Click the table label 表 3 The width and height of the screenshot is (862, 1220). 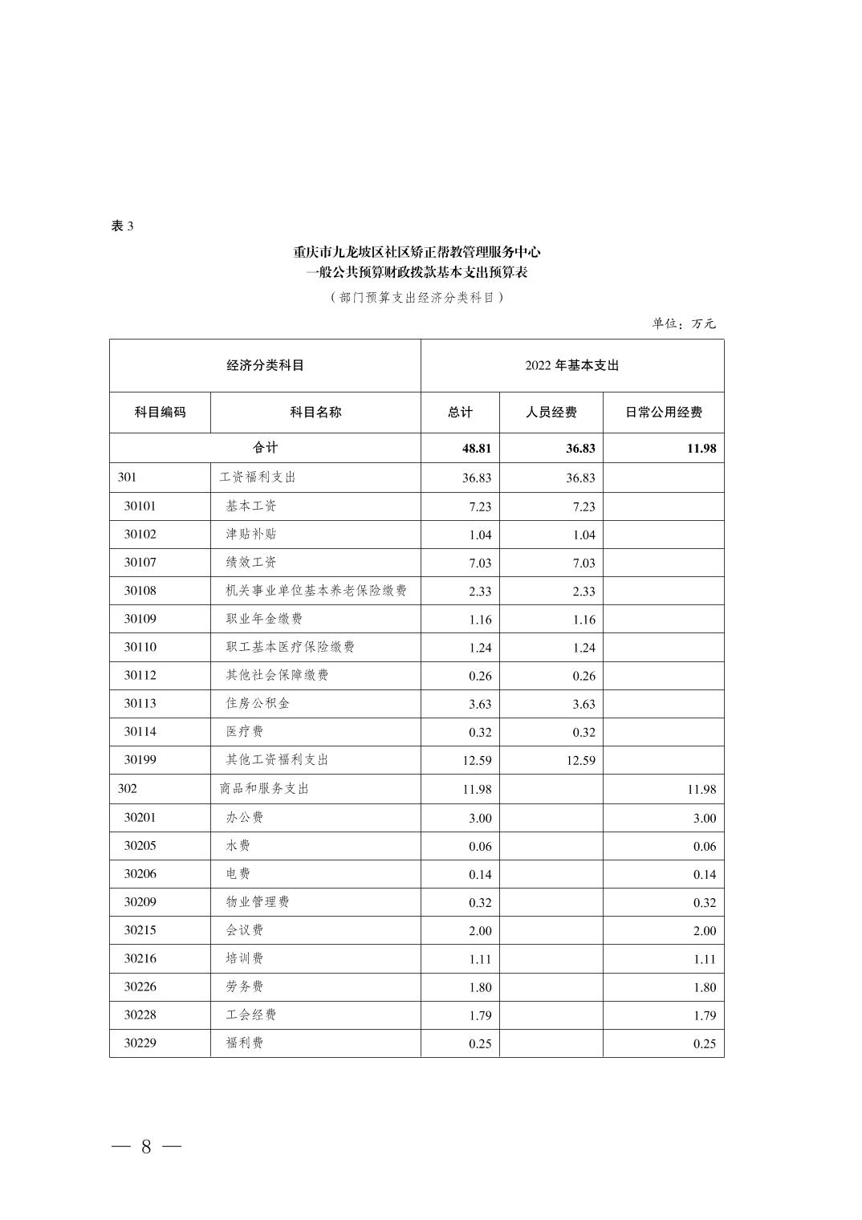tap(122, 226)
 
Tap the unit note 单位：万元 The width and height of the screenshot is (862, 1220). tap(683, 323)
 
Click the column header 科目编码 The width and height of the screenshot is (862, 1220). tap(160, 412)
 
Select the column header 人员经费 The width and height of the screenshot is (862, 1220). tap(551, 412)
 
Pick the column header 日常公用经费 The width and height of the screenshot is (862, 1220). tap(663, 412)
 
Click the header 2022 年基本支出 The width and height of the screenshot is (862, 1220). tap(571, 365)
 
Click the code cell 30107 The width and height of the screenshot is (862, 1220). tap(140, 563)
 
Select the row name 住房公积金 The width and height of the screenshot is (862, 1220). tap(258, 703)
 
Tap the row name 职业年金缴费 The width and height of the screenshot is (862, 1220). tap(264, 619)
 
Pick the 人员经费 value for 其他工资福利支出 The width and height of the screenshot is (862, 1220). tap(579, 760)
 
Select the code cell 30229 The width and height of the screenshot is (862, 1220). tap(140, 1043)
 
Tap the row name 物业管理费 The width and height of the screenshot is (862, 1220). tap(258, 902)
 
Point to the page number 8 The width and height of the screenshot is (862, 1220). tap(146, 1147)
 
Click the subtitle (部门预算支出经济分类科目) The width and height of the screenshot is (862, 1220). tap(417, 297)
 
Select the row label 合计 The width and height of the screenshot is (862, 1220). tap(265, 448)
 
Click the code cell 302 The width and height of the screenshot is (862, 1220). tap(128, 788)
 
